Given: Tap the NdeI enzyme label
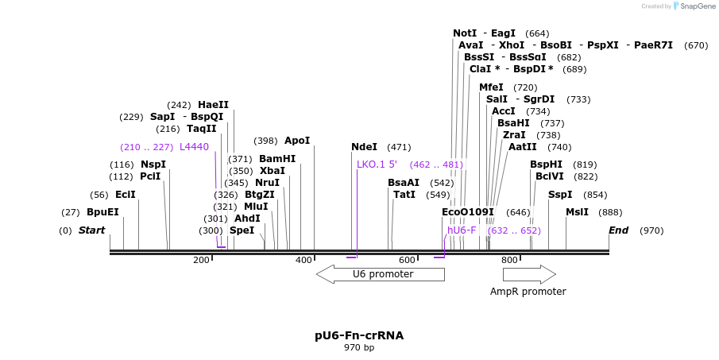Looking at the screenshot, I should pyautogui.click(x=364, y=147).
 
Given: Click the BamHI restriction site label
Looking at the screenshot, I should pyautogui.click(x=276, y=159).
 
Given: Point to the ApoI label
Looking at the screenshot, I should pyautogui.click(x=297, y=141).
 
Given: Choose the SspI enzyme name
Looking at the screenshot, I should pyautogui.click(x=559, y=195).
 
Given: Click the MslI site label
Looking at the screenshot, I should pyautogui.click(x=577, y=212).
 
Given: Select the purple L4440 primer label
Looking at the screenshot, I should pyautogui.click(x=194, y=147).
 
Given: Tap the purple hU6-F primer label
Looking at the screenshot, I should pyautogui.click(x=462, y=230).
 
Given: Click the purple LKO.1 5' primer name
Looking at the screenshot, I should pyautogui.click(x=377, y=165).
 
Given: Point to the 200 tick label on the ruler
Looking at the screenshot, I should pyautogui.click(x=201, y=260).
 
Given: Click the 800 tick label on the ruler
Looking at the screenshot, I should pyautogui.click(x=508, y=260).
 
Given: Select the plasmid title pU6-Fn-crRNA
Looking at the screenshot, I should pyautogui.click(x=359, y=335).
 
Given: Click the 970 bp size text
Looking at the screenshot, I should pyautogui.click(x=359, y=348).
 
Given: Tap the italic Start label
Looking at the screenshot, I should pyautogui.click(x=91, y=230).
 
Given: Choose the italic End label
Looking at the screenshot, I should pyautogui.click(x=618, y=230).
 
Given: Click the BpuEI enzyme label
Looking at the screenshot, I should pyautogui.click(x=102, y=212).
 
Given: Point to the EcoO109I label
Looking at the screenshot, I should pyautogui.click(x=467, y=212).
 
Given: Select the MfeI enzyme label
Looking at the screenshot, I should pyautogui.click(x=491, y=87).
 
